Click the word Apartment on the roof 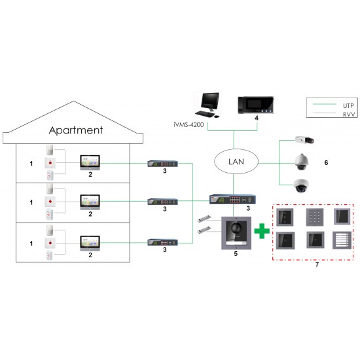pyautogui.click(x=75, y=130)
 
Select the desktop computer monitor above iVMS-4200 pyautogui.click(x=210, y=101)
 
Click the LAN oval pyautogui.click(x=237, y=161)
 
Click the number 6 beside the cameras pyautogui.click(x=325, y=161)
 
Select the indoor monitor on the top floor pyautogui.click(x=90, y=162)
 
